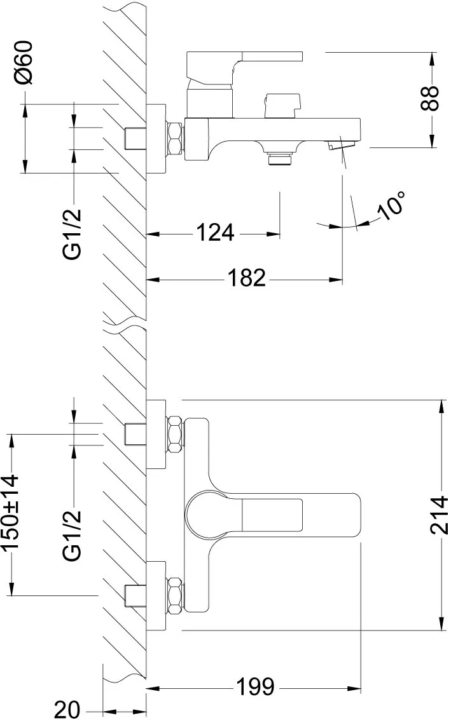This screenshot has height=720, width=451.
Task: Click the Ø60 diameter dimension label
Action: [x=24, y=62]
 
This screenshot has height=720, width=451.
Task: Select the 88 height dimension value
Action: [x=430, y=98]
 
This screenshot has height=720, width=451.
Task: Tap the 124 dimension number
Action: [x=215, y=233]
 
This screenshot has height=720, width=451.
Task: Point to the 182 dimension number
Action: [x=247, y=277]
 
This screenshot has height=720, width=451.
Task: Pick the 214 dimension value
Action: [x=439, y=514]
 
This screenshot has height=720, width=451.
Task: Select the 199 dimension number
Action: [x=255, y=686]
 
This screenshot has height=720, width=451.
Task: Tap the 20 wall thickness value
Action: [x=67, y=709]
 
